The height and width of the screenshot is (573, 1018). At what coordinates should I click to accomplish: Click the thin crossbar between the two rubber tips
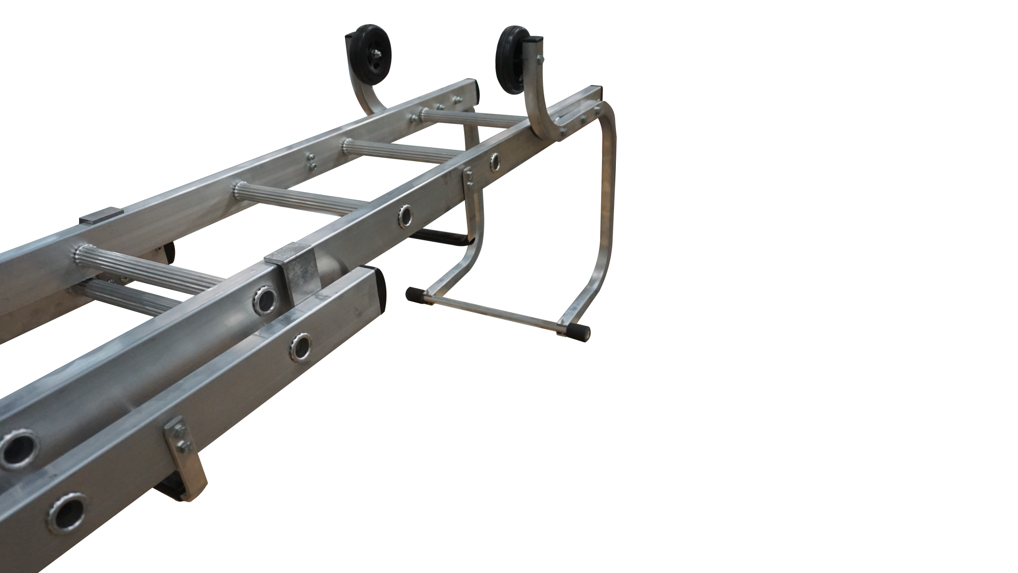click(495, 312)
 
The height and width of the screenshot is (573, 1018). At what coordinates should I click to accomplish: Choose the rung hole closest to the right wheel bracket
click(495, 161)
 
